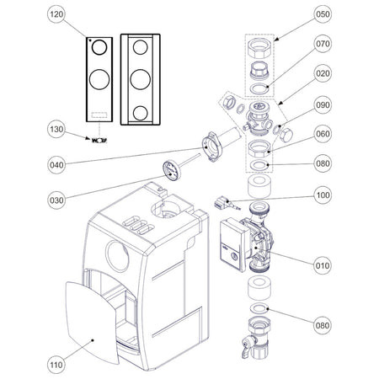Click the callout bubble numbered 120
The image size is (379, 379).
click(56, 14)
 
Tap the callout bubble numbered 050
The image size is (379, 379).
click(323, 14)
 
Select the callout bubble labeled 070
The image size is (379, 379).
click(323, 44)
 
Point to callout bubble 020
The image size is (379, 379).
click(323, 73)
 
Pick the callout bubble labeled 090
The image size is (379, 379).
click(323, 105)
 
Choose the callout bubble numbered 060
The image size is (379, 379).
click(323, 134)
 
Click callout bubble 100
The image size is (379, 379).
click(323, 195)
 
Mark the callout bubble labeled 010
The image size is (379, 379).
click(323, 265)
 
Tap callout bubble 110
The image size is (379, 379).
click(56, 365)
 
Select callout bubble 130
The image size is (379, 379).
click(56, 130)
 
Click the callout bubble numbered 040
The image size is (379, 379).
click(56, 165)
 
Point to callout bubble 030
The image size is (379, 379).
click(56, 200)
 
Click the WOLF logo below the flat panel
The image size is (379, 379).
click(99, 141)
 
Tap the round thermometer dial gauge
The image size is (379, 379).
click(171, 170)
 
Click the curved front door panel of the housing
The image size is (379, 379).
click(92, 323)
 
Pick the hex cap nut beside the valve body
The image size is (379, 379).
click(286, 136)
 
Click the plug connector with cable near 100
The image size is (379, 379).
click(224, 204)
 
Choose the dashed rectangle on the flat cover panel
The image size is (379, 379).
click(99, 115)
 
